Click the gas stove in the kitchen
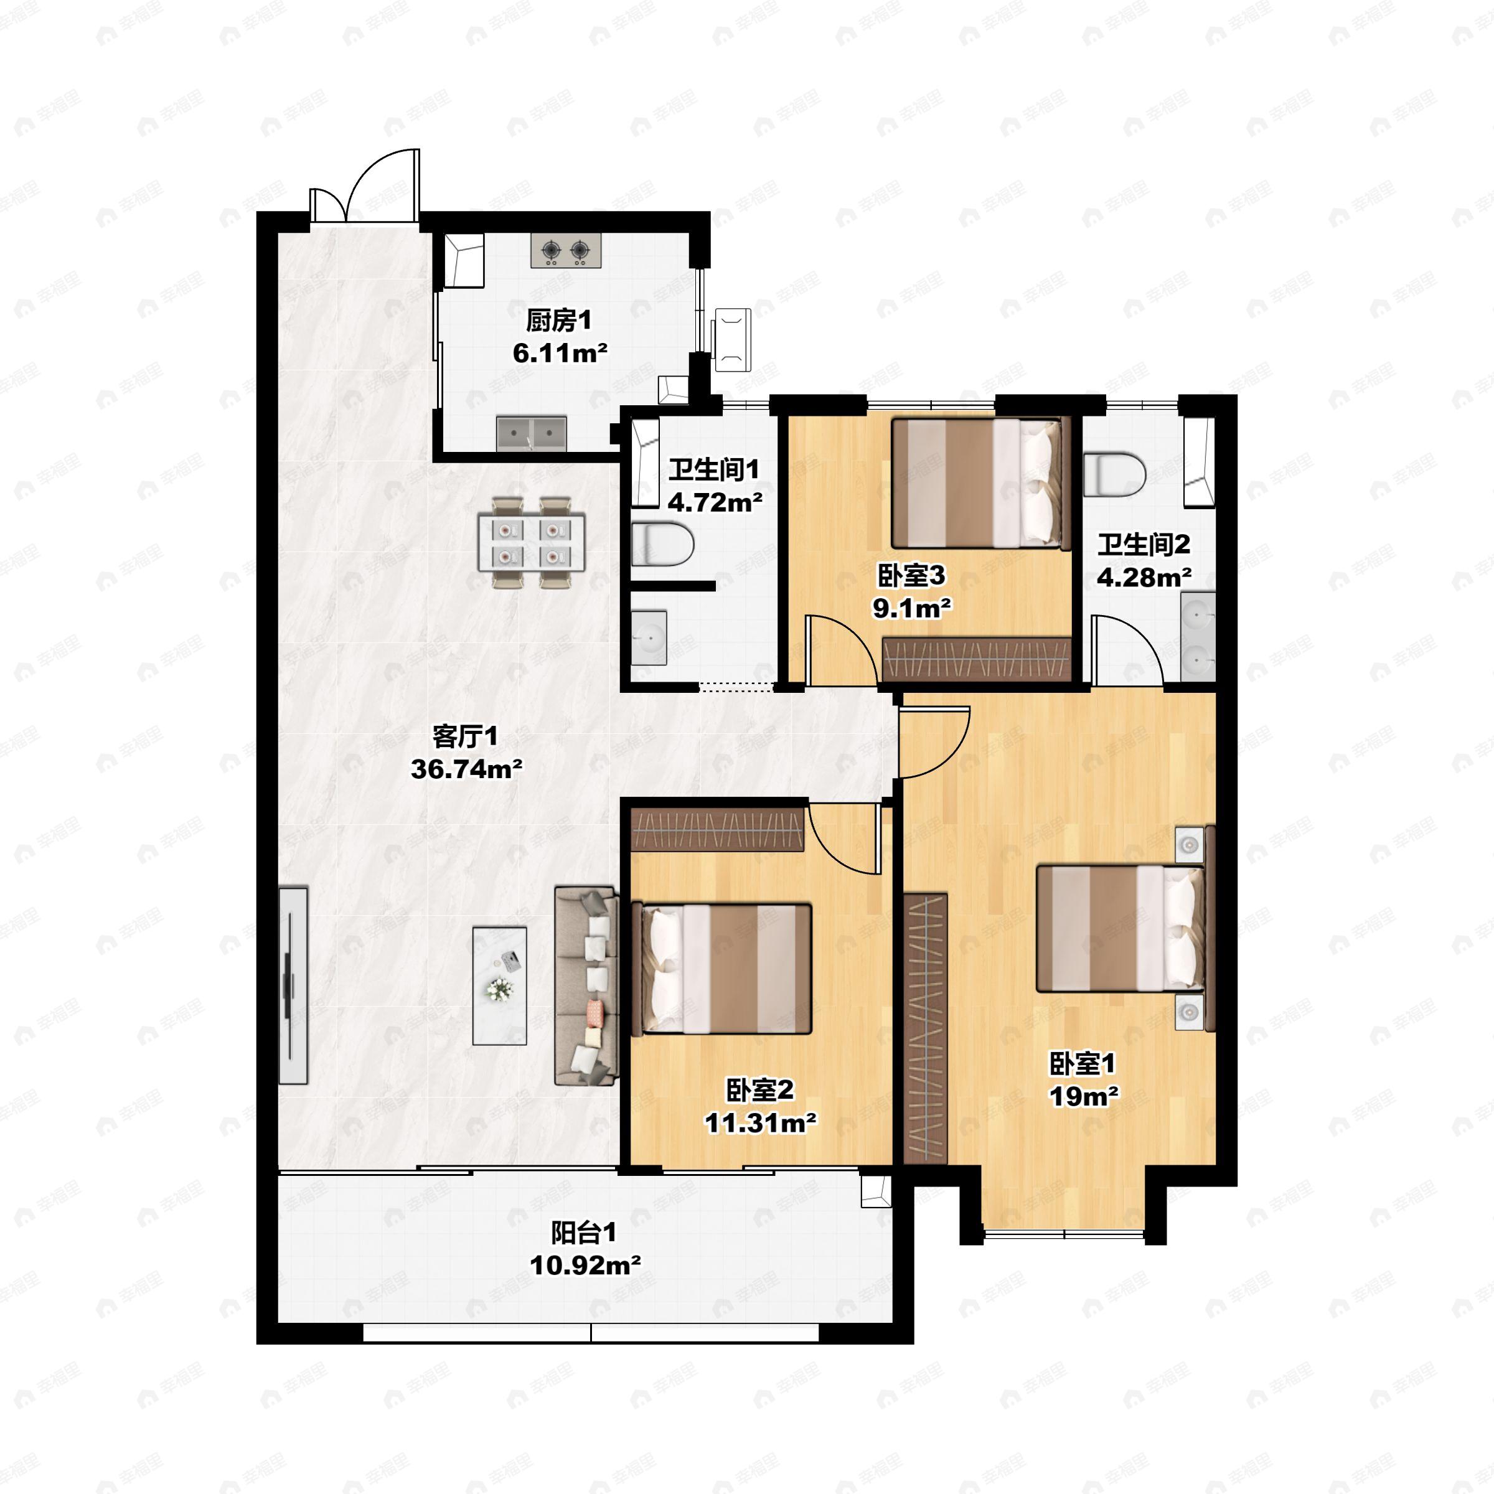565,250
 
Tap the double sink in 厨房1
531,434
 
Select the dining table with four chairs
531,543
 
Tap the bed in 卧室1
1120,928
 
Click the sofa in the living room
587,985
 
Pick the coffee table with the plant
499,986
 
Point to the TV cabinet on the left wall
293,985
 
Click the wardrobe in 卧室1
926,1028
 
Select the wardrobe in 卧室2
718,830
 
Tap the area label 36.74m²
466,769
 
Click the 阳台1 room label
584,1232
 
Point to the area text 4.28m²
1144,578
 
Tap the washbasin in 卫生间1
649,637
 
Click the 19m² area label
1083,1096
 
